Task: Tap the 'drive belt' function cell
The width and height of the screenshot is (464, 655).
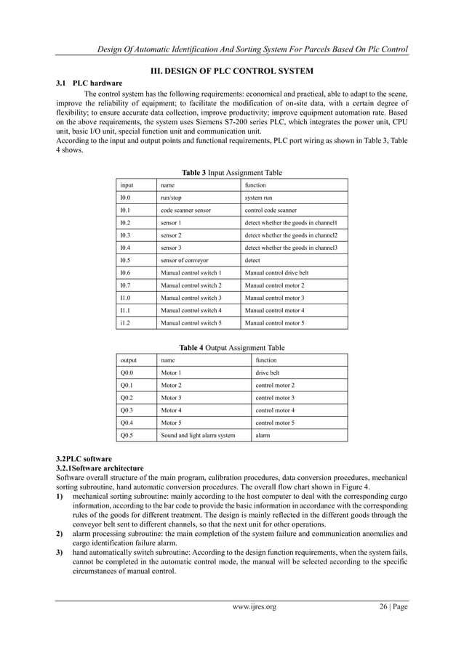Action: pyautogui.click(x=268, y=373)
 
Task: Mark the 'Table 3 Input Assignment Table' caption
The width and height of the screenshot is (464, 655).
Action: pyautogui.click(x=231, y=173)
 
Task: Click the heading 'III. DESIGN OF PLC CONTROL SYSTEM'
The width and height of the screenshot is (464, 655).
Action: pyautogui.click(x=231, y=71)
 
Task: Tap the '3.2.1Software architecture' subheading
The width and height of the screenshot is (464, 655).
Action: pyautogui.click(x=100, y=468)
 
